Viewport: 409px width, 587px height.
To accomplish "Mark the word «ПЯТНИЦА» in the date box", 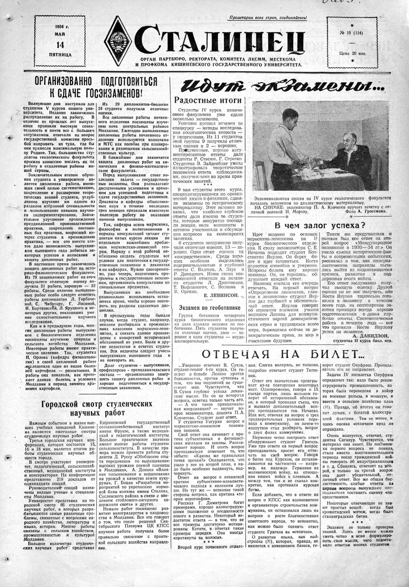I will click(59, 55).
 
